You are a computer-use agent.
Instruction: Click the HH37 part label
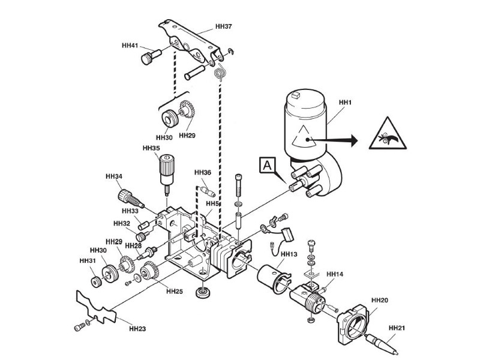224,26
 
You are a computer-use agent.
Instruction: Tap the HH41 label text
130,46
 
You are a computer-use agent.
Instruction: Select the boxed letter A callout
268,166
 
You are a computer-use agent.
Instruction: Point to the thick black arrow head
354,140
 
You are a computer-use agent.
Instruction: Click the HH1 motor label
346,102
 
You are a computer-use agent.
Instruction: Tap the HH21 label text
397,328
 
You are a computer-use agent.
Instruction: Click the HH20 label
380,301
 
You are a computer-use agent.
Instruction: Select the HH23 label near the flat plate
137,329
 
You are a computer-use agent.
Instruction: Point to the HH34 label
114,176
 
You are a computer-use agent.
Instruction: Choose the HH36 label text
203,173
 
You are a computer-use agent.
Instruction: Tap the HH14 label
335,274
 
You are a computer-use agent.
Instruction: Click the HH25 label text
175,292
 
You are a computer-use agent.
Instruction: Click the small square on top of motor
296,95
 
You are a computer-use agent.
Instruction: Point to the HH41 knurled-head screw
151,57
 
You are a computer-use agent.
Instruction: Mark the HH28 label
133,245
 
